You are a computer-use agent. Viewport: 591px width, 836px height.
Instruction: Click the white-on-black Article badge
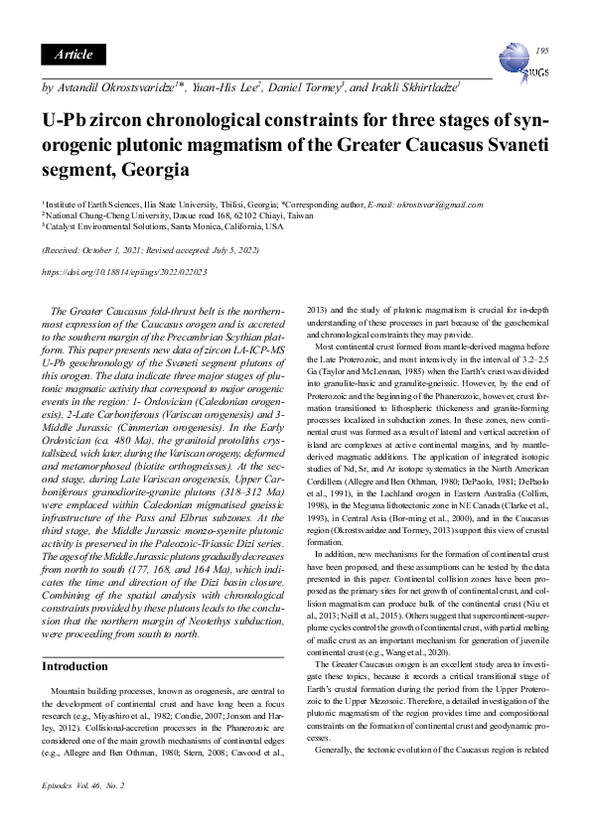pyautogui.click(x=74, y=54)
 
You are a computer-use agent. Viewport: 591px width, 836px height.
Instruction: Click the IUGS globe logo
pyautogui.click(x=520, y=63)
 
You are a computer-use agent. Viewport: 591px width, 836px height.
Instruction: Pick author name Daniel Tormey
pyautogui.click(x=305, y=88)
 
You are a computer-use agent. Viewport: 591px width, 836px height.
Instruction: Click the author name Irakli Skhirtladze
pyautogui.click(x=413, y=88)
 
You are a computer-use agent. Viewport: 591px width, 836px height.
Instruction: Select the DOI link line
pyautogui.click(x=123, y=271)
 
